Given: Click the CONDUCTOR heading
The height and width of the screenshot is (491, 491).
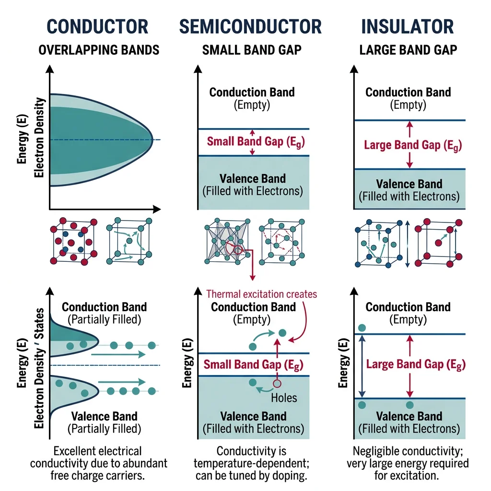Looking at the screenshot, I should [x=98, y=26].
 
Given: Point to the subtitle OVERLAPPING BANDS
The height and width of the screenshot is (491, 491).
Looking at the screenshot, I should [x=98, y=49].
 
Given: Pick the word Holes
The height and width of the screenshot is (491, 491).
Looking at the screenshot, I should [x=284, y=397].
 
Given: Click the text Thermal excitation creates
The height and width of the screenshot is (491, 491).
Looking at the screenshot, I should [x=262, y=293].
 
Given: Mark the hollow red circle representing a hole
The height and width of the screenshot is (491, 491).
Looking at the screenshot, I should [x=276, y=383].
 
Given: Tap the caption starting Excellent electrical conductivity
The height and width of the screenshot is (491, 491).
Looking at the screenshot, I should [x=98, y=463].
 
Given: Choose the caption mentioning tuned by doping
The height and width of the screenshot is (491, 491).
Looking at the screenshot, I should [x=251, y=463].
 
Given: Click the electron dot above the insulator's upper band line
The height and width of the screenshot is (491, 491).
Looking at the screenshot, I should [x=362, y=328].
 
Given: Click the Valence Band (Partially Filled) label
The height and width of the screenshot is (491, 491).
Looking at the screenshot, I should [x=105, y=422].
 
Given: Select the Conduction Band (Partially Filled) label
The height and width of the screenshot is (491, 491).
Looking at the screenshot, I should [x=105, y=313].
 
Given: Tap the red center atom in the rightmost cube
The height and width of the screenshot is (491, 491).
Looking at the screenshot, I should [x=438, y=243].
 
